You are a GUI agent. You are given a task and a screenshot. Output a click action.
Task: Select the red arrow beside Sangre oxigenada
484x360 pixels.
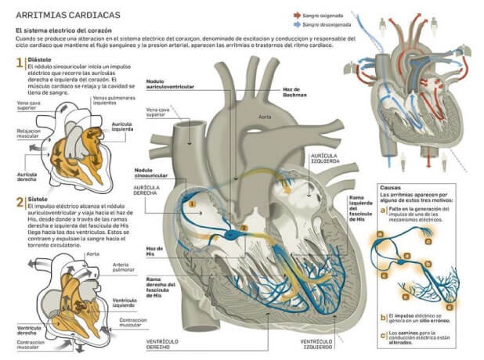pyautogui.click(x=296, y=15)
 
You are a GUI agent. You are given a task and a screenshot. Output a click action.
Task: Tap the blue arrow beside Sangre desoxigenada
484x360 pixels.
pyautogui.click(x=296, y=25)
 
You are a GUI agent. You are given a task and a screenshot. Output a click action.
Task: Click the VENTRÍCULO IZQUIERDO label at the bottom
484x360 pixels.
pyautogui.click(x=298, y=344)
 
